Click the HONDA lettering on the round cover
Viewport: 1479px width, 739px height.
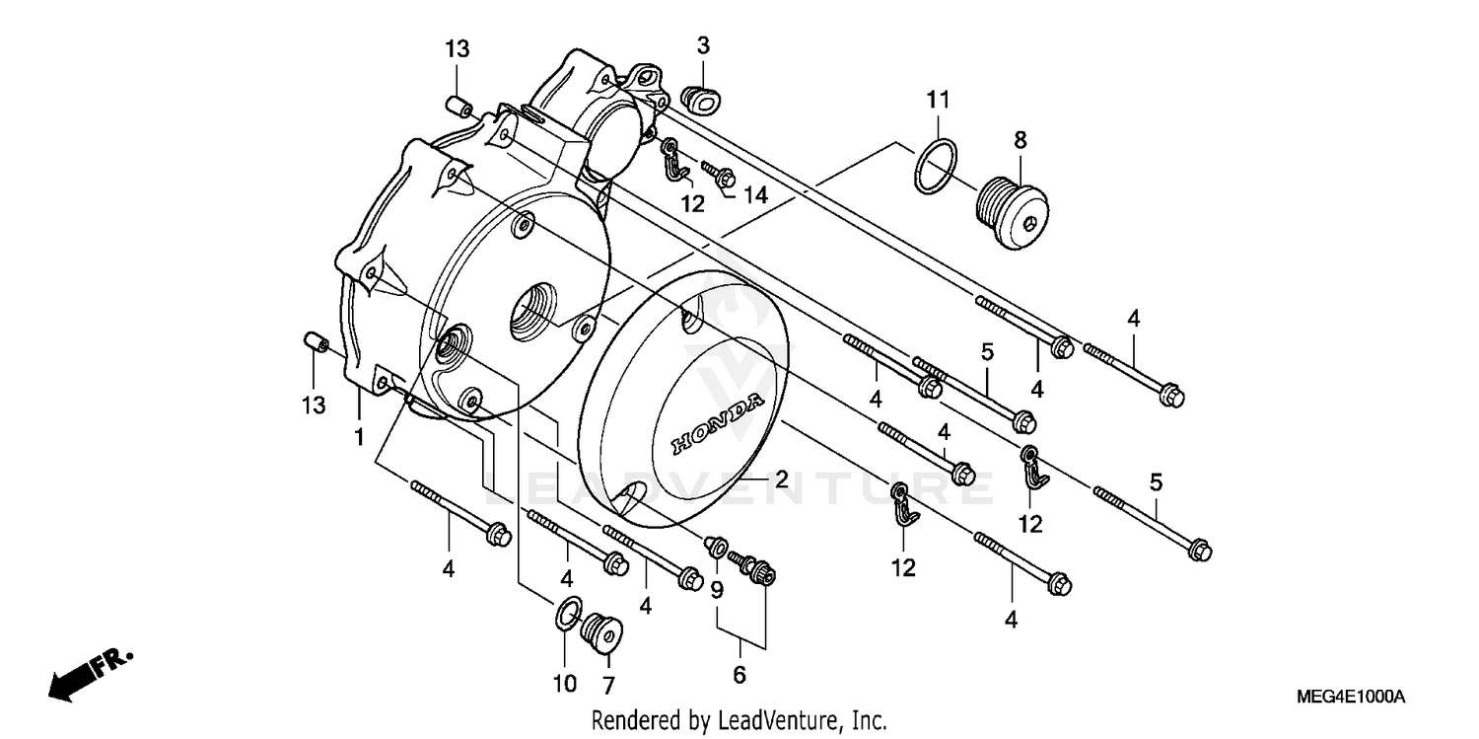[x=717, y=424]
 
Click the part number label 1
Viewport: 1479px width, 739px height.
[x=360, y=435]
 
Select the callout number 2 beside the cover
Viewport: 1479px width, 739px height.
[x=780, y=480]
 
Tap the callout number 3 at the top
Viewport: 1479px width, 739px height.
[x=703, y=45]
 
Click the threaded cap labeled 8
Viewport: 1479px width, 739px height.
[x=1011, y=205]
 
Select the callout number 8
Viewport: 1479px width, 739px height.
[x=1020, y=140]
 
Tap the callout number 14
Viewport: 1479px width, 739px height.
[x=754, y=195]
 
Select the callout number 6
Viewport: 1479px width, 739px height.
[x=739, y=675]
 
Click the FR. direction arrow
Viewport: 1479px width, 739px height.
[x=89, y=674]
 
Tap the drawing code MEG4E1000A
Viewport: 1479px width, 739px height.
[x=1352, y=698]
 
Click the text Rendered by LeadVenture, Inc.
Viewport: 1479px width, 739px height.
[x=739, y=720]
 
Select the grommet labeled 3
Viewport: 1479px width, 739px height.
[x=698, y=98]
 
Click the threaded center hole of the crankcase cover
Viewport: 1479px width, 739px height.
[x=532, y=311]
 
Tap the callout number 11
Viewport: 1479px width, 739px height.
[x=938, y=99]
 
